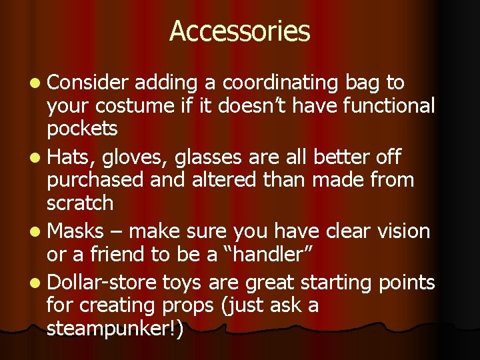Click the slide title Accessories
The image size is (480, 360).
239,31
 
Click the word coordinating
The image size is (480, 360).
281,83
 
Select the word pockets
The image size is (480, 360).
82,128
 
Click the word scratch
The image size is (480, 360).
80,202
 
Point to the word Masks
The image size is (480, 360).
76,232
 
